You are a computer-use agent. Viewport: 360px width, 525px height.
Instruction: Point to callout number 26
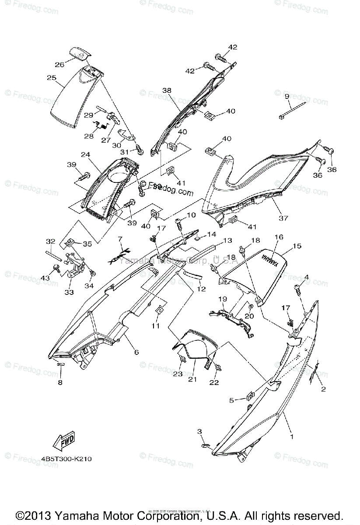point(59,65)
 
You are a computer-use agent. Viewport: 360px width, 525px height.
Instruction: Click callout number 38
point(167,91)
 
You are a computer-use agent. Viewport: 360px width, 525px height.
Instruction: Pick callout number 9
point(287,96)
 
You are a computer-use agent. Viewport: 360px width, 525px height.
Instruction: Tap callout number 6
point(136,352)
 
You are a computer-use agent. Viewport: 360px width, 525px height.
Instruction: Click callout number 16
point(279,237)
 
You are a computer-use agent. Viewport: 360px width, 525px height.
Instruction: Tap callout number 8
point(60,382)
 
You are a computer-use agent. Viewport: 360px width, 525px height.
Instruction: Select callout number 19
point(222,299)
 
